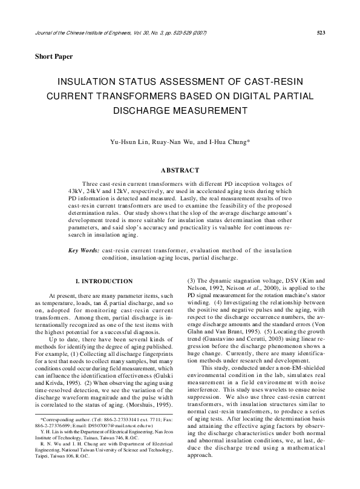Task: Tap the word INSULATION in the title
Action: [x=91, y=81]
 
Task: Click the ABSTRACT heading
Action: [x=180, y=171]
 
